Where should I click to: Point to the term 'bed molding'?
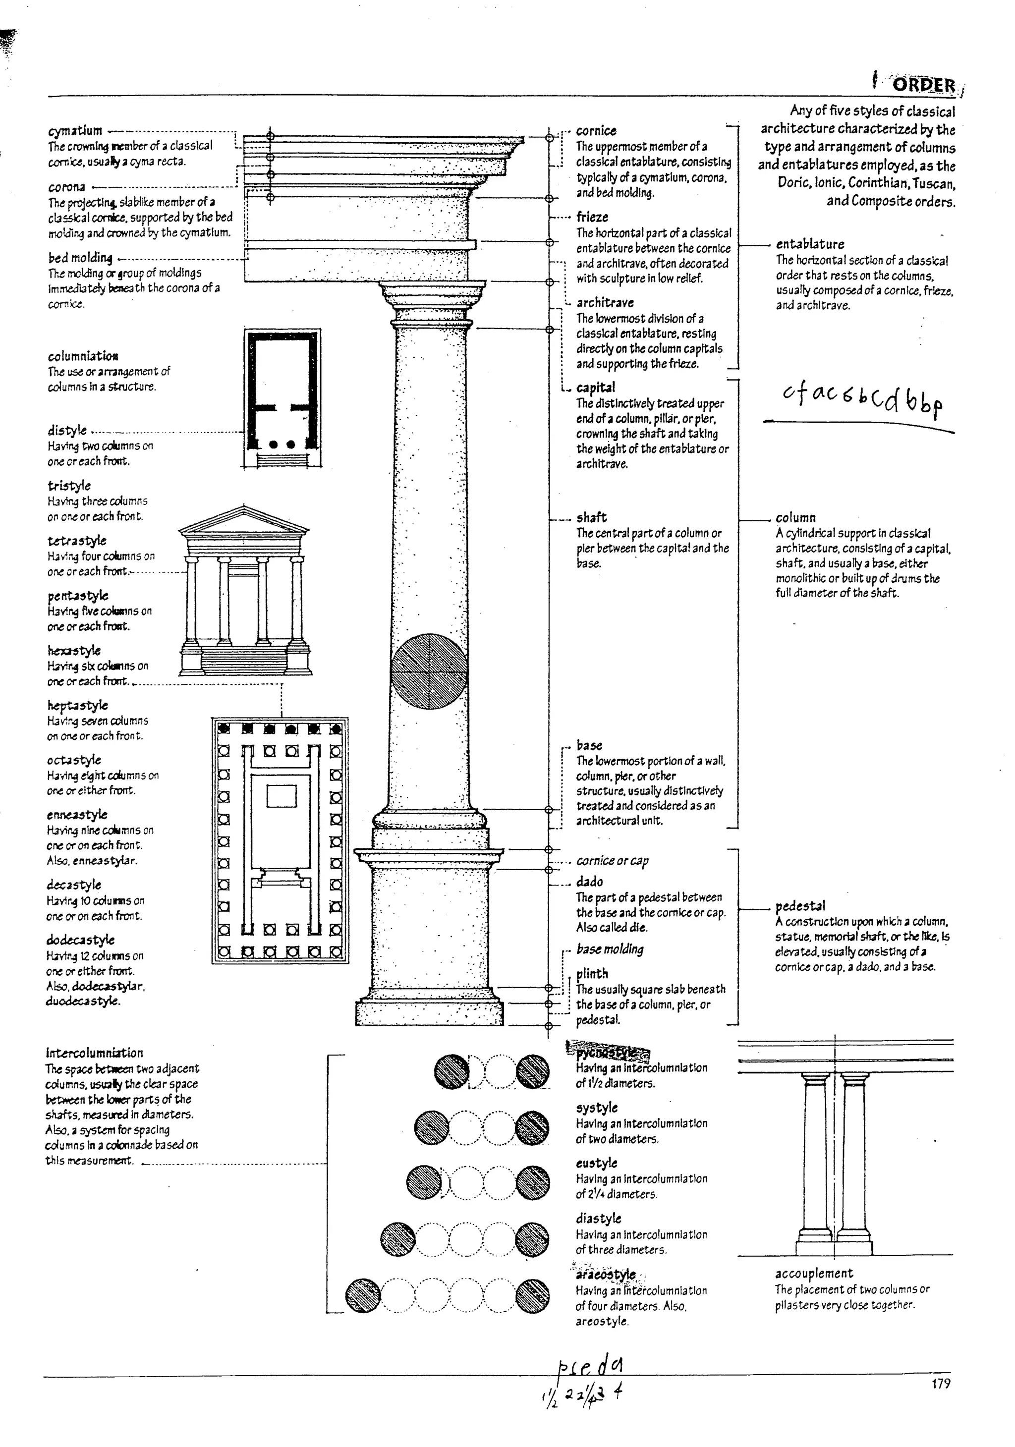tap(80, 258)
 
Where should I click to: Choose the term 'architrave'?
tap(605, 302)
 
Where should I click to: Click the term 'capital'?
tap(595, 388)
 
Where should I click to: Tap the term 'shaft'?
tap(591, 517)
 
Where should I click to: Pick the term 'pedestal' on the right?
tap(800, 906)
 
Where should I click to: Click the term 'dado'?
tap(589, 882)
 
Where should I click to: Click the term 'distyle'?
tap(67, 431)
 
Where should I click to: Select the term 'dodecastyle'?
tap(80, 940)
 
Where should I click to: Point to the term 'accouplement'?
tap(814, 1273)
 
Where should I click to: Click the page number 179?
tap(940, 1384)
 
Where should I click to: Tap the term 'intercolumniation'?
tap(94, 1053)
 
